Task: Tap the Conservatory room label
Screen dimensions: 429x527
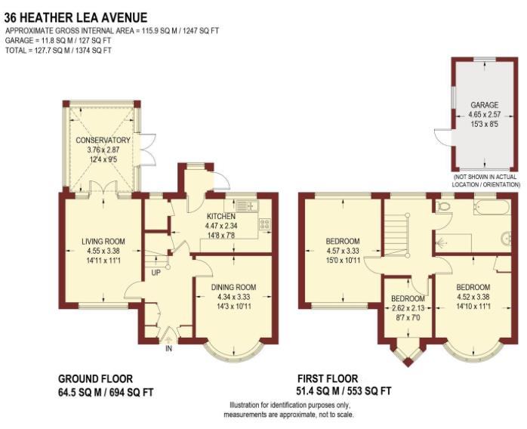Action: click(103, 140)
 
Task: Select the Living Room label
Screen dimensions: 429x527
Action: click(103, 242)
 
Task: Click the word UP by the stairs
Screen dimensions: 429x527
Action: click(156, 272)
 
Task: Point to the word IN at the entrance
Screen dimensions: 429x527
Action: click(169, 348)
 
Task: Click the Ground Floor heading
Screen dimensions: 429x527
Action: click(95, 379)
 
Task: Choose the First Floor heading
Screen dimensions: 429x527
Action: click(327, 379)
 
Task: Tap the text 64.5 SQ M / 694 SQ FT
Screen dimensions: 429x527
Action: click(106, 392)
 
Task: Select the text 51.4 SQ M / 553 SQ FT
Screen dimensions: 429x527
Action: click(344, 391)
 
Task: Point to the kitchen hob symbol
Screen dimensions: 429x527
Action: click(265, 224)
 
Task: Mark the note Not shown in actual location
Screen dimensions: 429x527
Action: click(485, 181)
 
